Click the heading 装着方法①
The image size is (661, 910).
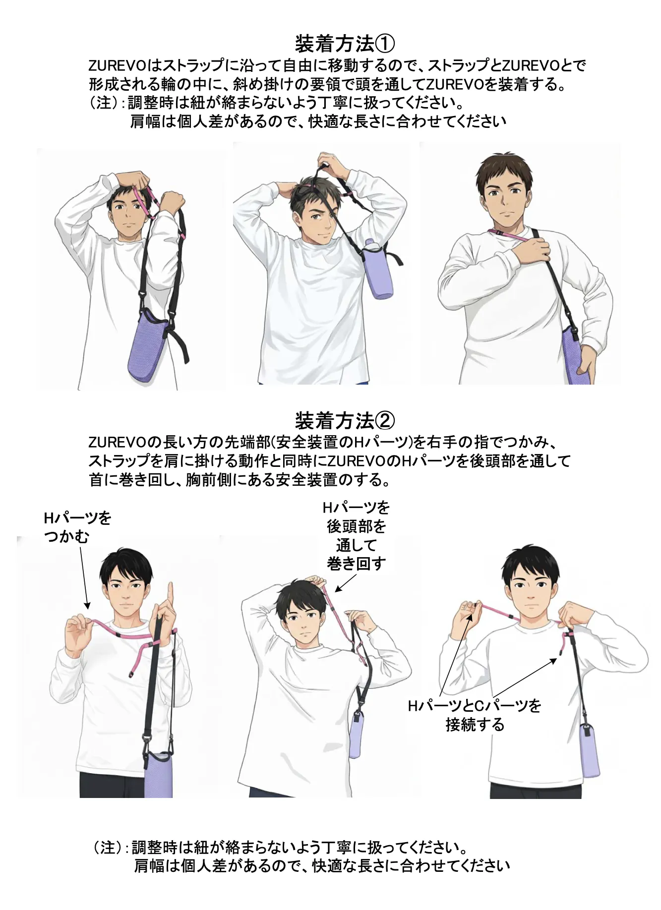345,44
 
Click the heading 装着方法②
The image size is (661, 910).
345,421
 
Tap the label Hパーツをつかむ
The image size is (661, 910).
78,527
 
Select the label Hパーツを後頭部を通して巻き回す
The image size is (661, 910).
356,535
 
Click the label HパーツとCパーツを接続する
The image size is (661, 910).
475,715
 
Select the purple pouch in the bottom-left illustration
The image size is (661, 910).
159,775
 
